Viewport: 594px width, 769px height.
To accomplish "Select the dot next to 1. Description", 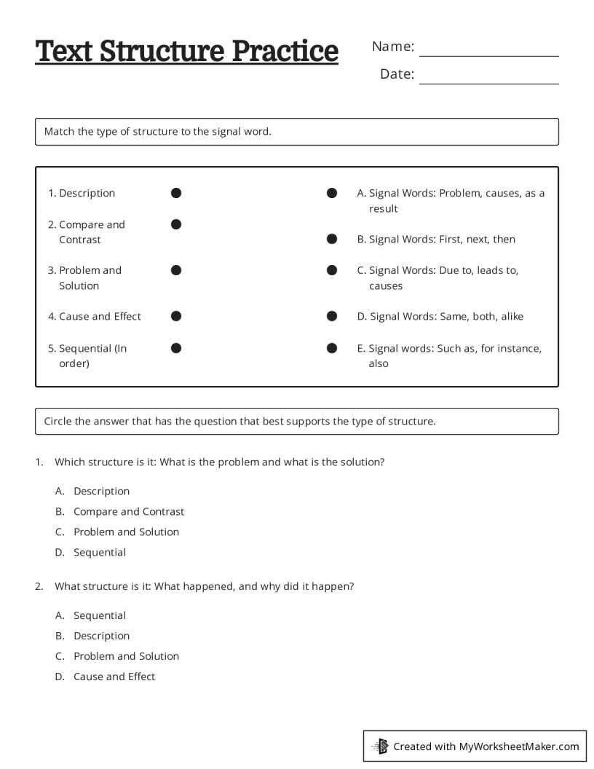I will click(x=176, y=193).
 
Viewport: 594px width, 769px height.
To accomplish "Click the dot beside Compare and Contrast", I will click(x=176, y=224).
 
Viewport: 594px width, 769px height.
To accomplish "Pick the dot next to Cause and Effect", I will click(x=176, y=316).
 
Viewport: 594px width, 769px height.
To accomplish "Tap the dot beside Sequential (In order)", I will click(x=176, y=348).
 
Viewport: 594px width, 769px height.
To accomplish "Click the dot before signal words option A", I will click(x=332, y=193).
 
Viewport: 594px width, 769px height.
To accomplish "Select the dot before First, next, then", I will click(x=332, y=239).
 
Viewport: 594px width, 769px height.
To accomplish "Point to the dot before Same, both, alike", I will click(x=332, y=316).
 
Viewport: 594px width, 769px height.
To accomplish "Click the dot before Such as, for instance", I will click(x=332, y=348).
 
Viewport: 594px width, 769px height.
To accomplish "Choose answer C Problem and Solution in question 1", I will click(x=126, y=532).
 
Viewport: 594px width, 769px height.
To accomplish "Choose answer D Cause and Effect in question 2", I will click(x=114, y=677).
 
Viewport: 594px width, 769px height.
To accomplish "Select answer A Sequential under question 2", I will click(x=100, y=615).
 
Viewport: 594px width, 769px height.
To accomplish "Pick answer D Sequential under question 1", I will click(x=100, y=552).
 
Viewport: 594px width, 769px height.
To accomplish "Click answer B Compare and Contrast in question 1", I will click(x=129, y=511).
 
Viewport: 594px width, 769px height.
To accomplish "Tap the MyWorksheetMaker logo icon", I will click(x=380, y=746).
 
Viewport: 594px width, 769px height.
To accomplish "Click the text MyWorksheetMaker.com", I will click(x=518, y=746).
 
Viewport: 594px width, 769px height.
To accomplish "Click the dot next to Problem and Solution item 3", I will click(x=176, y=270).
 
